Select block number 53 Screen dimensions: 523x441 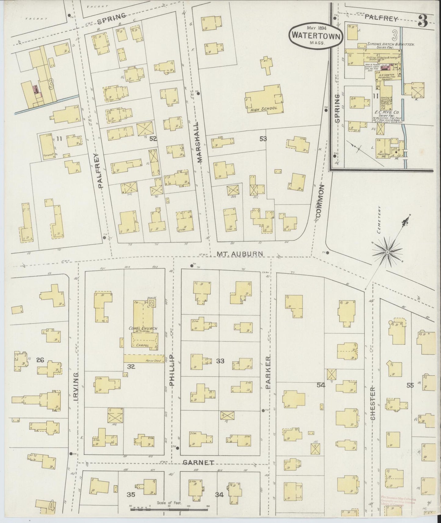click(x=263, y=139)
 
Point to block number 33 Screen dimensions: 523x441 click(x=220, y=361)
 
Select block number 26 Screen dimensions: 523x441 click(x=40, y=360)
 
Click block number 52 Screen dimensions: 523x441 click(x=153, y=139)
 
